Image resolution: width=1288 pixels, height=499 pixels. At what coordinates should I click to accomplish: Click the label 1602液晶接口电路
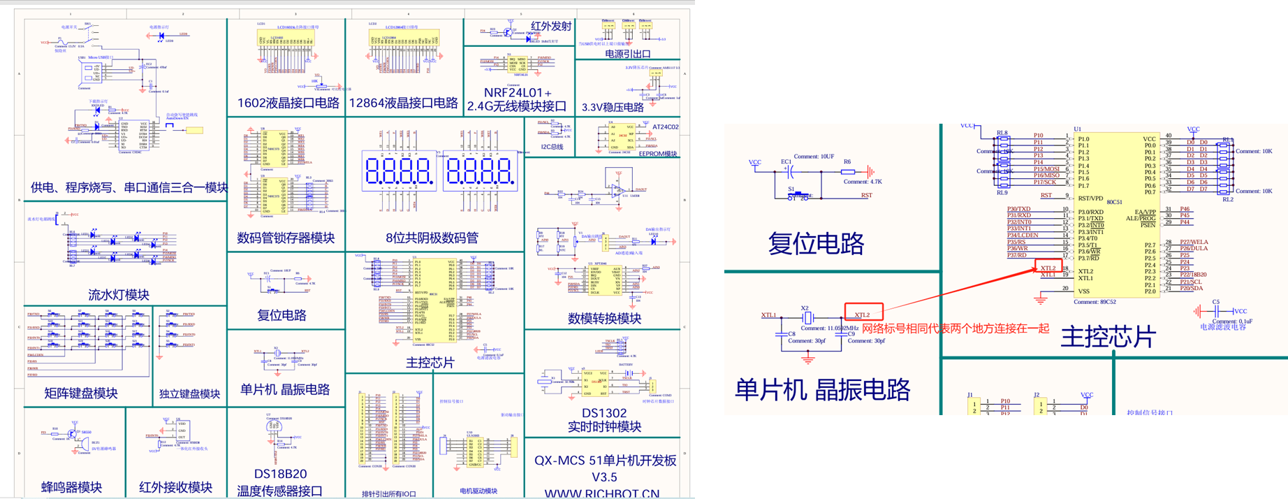[x=288, y=103]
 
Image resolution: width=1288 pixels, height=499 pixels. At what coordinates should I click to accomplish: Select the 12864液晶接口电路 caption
[x=403, y=103]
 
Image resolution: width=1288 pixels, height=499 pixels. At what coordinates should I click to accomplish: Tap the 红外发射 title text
[x=551, y=27]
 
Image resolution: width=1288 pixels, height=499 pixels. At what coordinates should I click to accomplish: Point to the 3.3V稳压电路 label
[x=613, y=108]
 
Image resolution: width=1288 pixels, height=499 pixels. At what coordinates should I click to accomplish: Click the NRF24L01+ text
[x=517, y=93]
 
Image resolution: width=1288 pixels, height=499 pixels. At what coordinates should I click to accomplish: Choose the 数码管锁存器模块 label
[x=286, y=238]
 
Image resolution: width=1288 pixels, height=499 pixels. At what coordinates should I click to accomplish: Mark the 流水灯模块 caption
[x=119, y=295]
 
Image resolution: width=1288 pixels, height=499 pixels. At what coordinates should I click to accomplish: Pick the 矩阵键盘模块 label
[x=81, y=393]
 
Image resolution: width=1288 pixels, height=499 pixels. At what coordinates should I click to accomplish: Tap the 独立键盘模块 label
[x=189, y=394]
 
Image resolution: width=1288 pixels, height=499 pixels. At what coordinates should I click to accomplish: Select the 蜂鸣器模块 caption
[x=71, y=487]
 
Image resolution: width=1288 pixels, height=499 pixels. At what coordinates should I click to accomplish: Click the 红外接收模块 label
[x=175, y=487]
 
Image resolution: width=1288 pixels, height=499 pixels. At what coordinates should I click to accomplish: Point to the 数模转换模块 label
[x=604, y=319]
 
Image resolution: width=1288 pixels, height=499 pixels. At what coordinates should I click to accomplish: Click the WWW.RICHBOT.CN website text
[x=601, y=493]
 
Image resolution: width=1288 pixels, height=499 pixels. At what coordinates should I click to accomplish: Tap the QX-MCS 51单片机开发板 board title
[x=605, y=461]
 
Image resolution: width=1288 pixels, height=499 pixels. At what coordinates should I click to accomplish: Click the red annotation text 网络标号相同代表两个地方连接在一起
[x=955, y=328]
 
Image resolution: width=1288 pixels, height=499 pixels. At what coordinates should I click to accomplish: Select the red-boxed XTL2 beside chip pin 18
[x=1048, y=268]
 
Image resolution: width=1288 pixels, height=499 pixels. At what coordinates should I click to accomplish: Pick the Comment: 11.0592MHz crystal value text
[x=829, y=328]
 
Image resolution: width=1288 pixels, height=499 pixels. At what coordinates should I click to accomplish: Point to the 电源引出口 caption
[x=627, y=54]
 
